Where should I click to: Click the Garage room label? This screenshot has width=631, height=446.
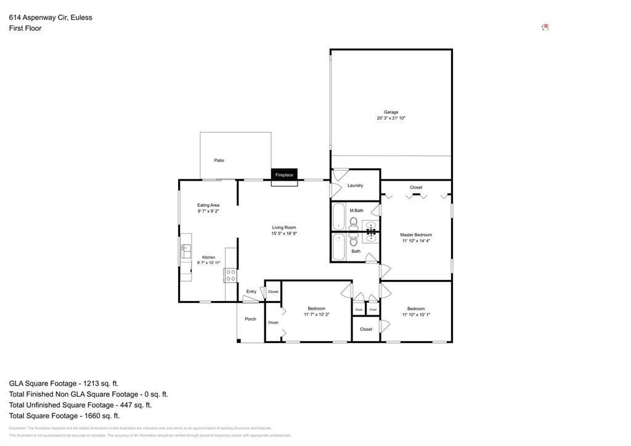[x=391, y=112]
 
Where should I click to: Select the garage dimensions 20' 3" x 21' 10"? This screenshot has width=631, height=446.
[x=391, y=118]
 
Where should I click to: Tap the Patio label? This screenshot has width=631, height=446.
[x=219, y=160]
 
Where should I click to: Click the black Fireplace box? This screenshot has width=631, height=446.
[x=284, y=175]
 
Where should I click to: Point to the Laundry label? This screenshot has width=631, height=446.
[x=355, y=186]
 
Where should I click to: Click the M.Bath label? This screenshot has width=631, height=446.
[x=356, y=210]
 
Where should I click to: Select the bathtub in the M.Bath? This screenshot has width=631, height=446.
[x=339, y=216]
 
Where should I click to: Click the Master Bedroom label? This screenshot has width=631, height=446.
[x=415, y=234]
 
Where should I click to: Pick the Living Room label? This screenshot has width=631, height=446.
[x=284, y=228]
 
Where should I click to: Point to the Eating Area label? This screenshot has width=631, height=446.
[x=208, y=205]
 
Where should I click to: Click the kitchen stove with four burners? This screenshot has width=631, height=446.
[x=230, y=275]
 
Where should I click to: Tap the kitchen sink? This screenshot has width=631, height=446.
[x=185, y=251]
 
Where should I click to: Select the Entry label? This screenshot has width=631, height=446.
[x=251, y=292]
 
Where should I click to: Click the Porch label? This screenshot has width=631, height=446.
[x=250, y=319]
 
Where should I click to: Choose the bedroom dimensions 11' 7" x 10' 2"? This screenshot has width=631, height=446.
[x=317, y=315]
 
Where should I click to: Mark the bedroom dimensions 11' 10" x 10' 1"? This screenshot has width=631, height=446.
[x=415, y=315]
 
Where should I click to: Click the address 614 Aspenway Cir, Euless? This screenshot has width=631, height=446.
[x=51, y=17]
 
